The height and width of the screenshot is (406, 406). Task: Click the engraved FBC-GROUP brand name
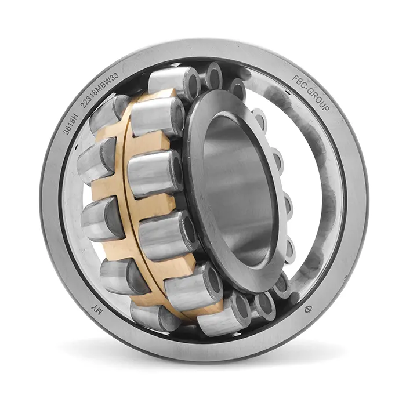(311, 92)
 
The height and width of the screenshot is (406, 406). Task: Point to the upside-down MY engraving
(96, 310)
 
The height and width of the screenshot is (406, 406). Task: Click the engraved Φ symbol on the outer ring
(307, 309)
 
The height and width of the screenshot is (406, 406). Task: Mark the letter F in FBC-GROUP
(295, 77)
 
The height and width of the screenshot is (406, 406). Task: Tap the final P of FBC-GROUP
(326, 107)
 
